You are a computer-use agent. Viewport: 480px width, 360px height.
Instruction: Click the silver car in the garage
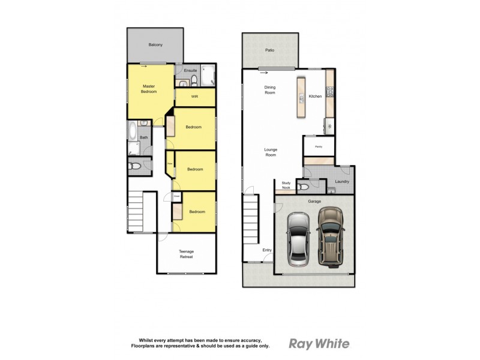coord(298,239)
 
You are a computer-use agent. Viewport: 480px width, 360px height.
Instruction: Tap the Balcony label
coord(155,45)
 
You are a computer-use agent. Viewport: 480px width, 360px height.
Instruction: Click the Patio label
coord(270,50)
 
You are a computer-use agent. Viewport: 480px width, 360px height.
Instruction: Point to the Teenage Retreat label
coord(187,254)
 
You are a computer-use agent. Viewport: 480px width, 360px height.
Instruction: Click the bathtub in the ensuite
coord(207,76)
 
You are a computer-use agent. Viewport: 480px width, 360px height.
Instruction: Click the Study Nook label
coord(286,186)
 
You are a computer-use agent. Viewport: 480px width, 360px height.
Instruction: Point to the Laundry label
coord(342,182)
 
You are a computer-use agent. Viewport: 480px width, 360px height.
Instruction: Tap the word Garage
coord(313,202)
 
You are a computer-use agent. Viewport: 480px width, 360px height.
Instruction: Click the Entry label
coord(266,250)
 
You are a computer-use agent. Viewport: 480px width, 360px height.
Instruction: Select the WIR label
coord(194,97)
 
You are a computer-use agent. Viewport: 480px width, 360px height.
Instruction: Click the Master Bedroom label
coord(149,89)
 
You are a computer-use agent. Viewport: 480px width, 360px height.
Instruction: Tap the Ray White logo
coord(319,344)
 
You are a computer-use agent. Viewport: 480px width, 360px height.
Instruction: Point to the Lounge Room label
coord(270,152)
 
